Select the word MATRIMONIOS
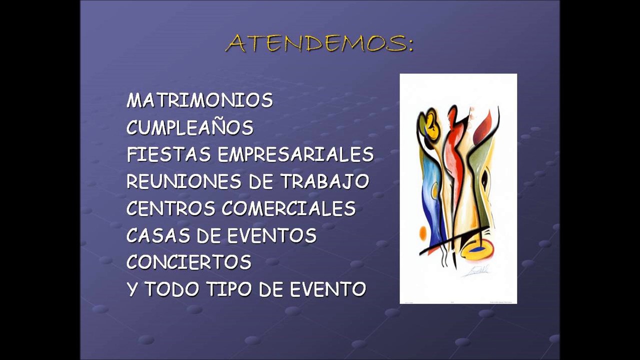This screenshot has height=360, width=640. pos(199,100)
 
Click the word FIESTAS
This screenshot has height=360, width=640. pos(169,154)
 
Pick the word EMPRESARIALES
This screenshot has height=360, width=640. pos(295,154)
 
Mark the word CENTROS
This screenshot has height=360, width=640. pos(170,208)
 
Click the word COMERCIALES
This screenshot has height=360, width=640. pos(289,208)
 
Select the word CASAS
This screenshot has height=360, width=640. pos(158,235)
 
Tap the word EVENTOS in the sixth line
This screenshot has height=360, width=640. pos(272,235)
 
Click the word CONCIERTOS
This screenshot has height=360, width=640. pos(189,261)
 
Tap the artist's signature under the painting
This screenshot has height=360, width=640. pos(476,271)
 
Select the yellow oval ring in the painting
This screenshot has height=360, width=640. pos(477,249)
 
